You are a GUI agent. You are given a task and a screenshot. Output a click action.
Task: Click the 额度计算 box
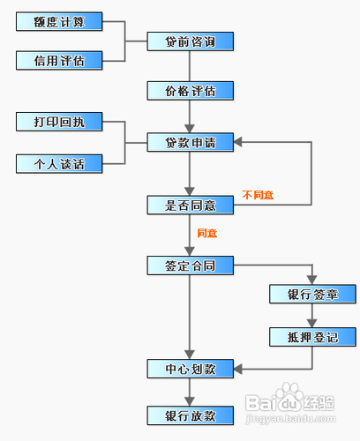59,21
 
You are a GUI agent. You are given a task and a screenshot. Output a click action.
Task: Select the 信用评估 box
59,61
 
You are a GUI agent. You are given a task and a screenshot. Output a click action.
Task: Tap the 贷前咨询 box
191,41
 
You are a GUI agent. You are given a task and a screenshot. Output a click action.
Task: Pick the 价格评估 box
191,91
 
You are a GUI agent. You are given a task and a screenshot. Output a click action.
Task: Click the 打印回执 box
59,122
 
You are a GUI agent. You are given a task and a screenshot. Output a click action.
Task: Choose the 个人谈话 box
59,164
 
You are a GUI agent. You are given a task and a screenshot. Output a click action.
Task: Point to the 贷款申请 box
191,142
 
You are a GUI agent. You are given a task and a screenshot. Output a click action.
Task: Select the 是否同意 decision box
191,205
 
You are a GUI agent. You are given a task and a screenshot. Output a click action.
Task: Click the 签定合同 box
191,265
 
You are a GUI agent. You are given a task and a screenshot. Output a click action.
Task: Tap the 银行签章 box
312,294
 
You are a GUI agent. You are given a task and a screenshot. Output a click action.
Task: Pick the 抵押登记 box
312,337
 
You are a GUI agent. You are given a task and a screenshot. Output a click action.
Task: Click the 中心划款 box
191,369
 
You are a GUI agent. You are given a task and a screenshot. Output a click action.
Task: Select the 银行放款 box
191,415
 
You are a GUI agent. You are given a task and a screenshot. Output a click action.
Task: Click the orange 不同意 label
258,195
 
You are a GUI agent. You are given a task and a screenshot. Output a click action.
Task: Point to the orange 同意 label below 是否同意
207,233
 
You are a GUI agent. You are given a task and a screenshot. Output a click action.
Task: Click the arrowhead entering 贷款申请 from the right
238,142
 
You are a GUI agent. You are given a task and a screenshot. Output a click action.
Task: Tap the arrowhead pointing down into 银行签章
312,280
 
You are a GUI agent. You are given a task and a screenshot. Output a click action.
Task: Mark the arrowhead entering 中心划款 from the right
238,369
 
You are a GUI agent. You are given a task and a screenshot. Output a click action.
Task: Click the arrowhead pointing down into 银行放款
190,402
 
